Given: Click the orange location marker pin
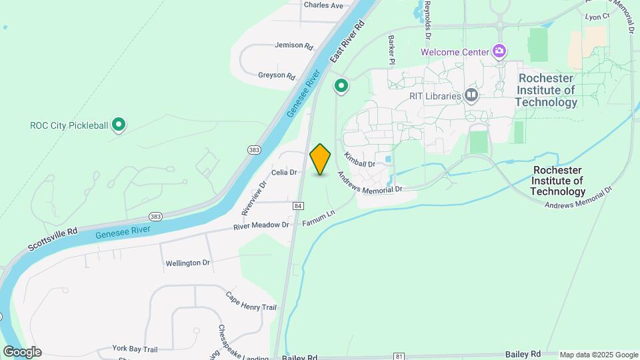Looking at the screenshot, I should (x=321, y=159).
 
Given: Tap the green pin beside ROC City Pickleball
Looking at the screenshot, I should (x=119, y=125).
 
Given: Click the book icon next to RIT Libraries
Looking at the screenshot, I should (x=472, y=96).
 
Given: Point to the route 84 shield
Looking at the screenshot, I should (x=298, y=206).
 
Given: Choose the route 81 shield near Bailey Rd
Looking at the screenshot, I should (x=399, y=357).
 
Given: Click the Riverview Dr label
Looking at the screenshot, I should (x=254, y=197).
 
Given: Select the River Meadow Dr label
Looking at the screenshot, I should (x=261, y=225).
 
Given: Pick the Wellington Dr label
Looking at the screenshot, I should (x=187, y=263).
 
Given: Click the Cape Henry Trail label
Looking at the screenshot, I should (x=251, y=301).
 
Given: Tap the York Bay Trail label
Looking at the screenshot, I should (x=134, y=349).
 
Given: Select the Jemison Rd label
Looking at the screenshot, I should (x=293, y=46).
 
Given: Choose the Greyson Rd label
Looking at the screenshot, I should (x=276, y=76).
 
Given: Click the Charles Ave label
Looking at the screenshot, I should (x=323, y=5).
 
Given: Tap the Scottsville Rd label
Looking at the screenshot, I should (x=53, y=239).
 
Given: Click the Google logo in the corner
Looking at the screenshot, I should (x=22, y=352).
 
